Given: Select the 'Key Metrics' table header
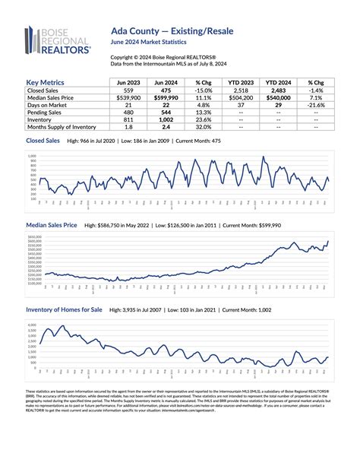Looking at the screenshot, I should point(51,81).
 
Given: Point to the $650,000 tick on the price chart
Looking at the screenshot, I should point(34,237).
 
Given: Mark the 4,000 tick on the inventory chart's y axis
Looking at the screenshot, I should point(33,325).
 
